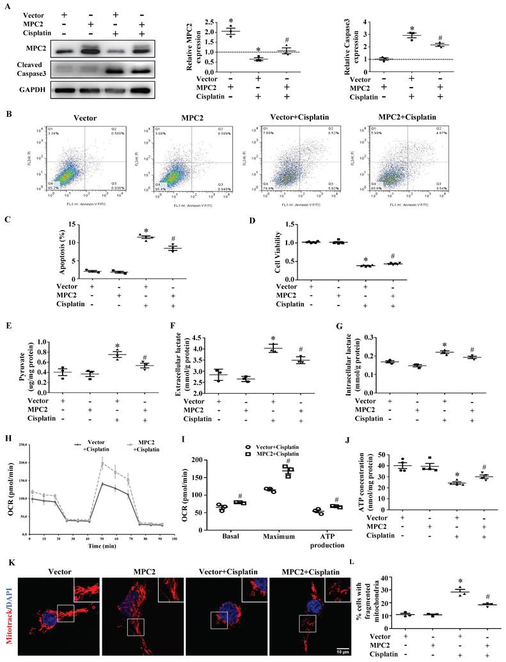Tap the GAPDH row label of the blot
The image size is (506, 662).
point(23,89)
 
